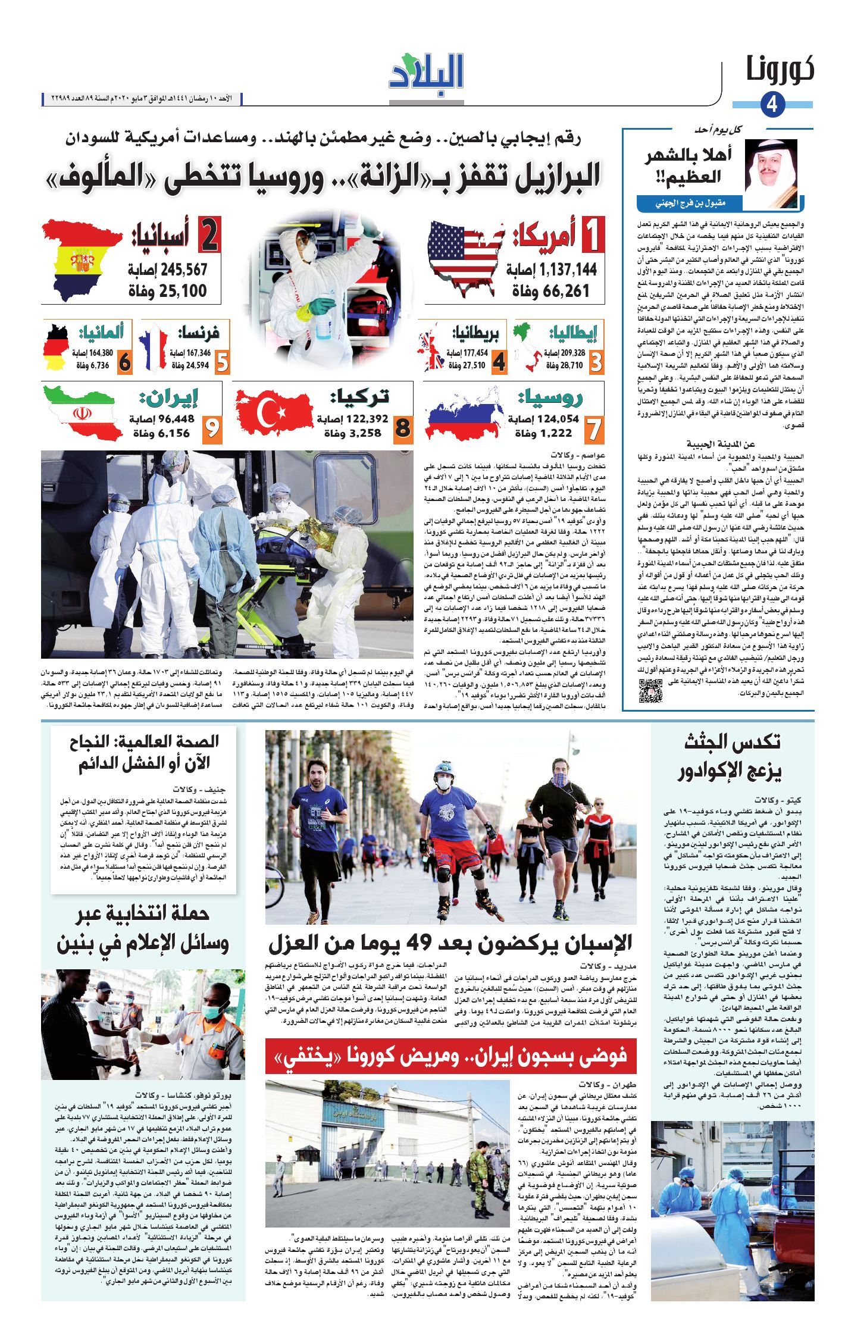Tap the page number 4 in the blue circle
(x=772, y=105)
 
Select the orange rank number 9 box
(x=211, y=428)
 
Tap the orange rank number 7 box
(x=591, y=428)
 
